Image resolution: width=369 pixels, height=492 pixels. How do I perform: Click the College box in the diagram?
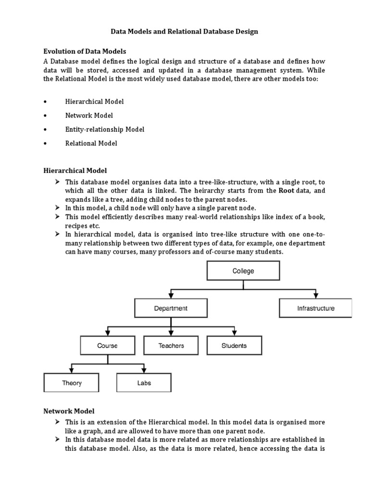click(243, 271)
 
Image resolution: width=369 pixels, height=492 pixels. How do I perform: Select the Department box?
click(171, 308)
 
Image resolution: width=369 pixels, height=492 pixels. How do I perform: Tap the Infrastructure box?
click(315, 308)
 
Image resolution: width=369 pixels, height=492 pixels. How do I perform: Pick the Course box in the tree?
click(107, 345)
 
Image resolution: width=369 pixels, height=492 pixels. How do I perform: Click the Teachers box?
click(171, 345)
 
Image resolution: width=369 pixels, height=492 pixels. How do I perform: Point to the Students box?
click(234, 345)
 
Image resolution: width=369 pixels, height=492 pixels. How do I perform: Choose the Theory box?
click(72, 383)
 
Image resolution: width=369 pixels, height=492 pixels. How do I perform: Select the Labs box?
click(144, 383)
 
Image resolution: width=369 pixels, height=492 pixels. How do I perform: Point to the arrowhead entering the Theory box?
click(72, 370)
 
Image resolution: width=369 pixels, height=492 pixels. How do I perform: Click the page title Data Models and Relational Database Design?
click(184, 32)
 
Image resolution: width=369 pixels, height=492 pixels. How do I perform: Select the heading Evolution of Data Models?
click(85, 51)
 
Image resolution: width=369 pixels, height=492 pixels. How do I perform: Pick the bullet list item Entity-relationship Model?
click(105, 129)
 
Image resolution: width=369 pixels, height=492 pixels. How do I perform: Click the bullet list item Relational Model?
click(91, 143)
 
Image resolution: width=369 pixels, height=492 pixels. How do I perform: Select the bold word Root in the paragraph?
click(286, 191)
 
